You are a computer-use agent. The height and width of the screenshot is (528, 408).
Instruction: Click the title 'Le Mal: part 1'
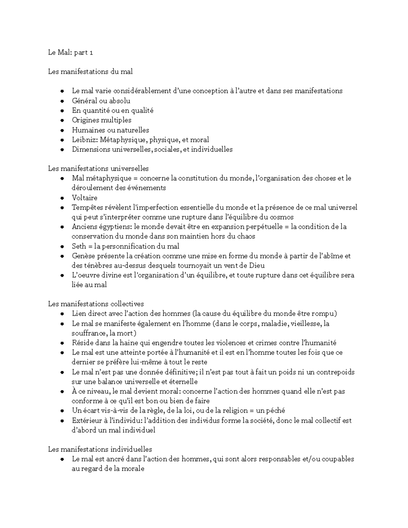tap(70, 52)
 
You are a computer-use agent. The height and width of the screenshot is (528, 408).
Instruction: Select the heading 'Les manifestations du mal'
tap(90, 72)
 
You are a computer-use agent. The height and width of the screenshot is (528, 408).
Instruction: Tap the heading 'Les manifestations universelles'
tap(98, 169)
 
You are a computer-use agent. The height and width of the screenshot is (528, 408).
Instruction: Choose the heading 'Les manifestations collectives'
tap(96, 304)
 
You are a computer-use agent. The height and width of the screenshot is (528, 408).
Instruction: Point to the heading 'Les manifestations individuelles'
tap(100, 449)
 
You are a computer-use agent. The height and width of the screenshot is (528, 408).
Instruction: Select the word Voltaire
tap(84, 198)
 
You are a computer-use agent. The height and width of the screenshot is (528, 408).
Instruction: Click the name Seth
tap(79, 246)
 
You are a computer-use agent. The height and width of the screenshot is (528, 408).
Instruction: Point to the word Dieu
tap(256, 266)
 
